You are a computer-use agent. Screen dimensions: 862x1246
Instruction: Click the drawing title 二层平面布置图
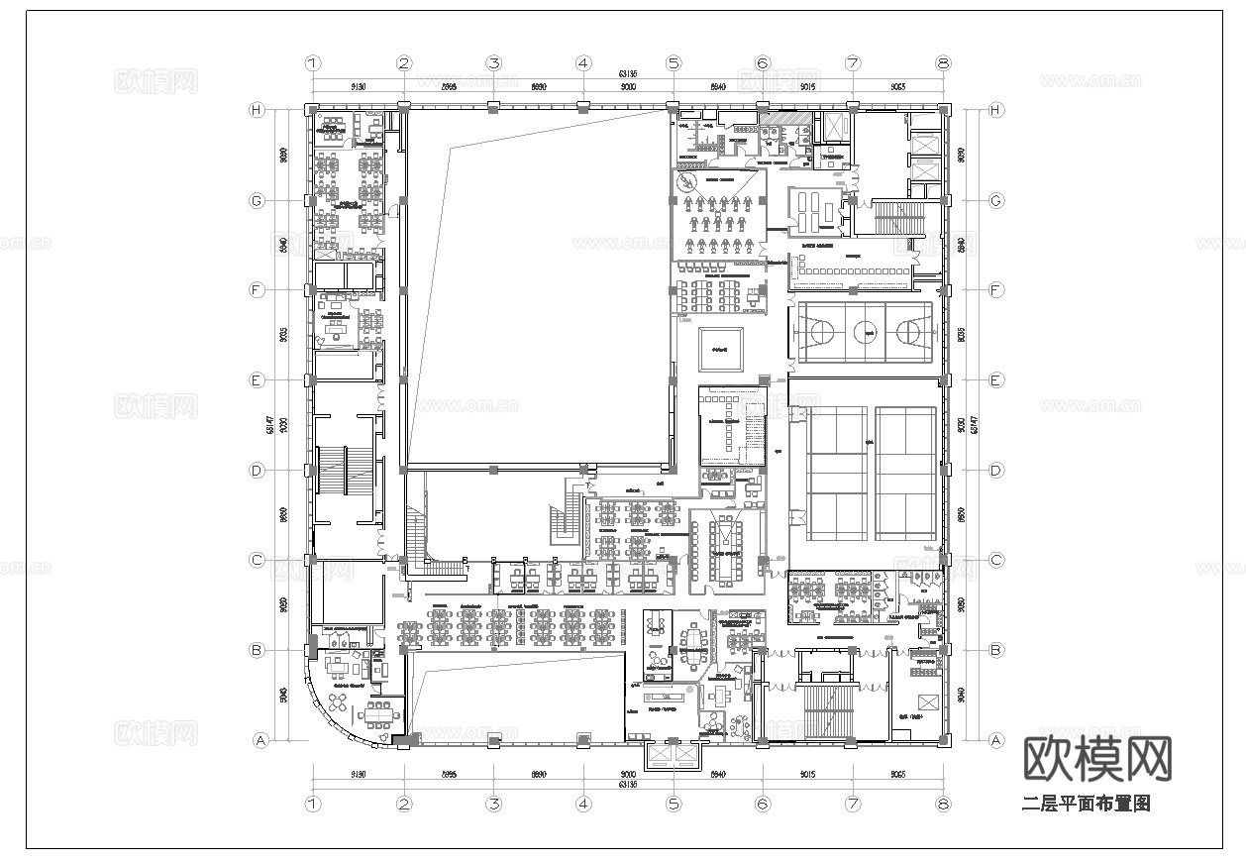click(x=1086, y=804)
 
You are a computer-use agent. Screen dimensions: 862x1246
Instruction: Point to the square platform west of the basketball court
click(x=720, y=349)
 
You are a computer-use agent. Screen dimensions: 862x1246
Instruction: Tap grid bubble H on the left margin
click(x=257, y=110)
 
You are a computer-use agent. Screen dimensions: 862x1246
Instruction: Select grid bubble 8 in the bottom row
click(x=943, y=806)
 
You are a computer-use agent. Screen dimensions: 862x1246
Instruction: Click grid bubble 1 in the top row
click(x=313, y=63)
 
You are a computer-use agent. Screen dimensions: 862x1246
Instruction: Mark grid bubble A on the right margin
click(x=995, y=740)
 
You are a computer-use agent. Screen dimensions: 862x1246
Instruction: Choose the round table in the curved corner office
click(x=337, y=700)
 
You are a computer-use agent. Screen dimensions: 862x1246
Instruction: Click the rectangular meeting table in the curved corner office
click(x=377, y=711)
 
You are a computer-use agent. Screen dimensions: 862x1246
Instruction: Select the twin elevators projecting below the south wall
click(x=673, y=757)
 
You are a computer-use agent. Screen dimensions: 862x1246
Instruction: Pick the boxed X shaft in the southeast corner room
click(x=928, y=703)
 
